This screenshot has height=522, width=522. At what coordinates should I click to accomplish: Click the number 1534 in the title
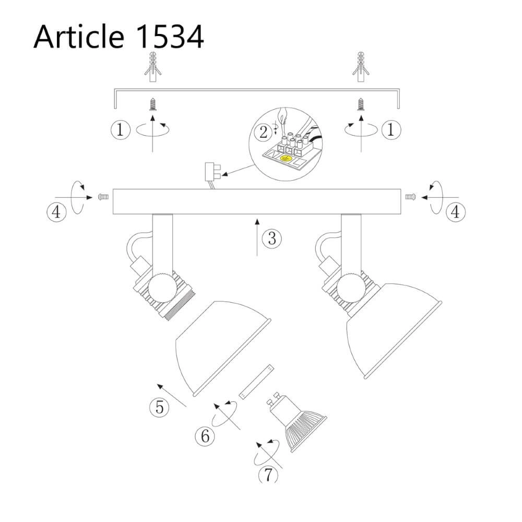[170, 37]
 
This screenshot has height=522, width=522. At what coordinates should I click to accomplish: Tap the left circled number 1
[120, 129]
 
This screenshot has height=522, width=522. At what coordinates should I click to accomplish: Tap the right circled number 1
[391, 129]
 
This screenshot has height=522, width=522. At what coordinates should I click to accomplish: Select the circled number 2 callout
[263, 133]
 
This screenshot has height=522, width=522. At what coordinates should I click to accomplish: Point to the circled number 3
[271, 239]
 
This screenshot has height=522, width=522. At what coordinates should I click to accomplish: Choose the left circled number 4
[56, 212]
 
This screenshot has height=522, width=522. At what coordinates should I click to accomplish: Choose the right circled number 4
[455, 212]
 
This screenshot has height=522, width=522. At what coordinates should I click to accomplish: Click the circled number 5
[159, 407]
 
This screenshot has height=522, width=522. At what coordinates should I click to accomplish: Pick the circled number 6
[205, 436]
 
